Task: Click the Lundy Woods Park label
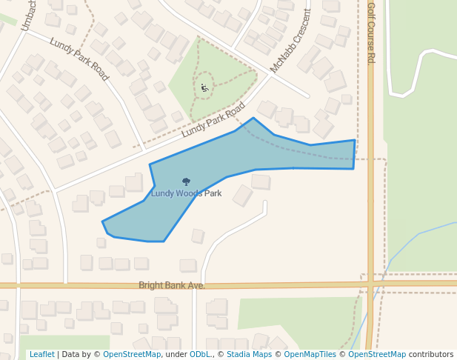(x=186, y=194)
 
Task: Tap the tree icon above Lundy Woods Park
(x=186, y=181)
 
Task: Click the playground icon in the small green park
(x=204, y=88)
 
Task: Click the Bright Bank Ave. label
(x=171, y=285)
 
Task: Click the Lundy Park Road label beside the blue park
(x=213, y=119)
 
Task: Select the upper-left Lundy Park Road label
(x=79, y=59)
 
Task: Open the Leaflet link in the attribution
(x=41, y=355)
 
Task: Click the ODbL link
(x=199, y=355)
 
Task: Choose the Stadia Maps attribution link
(x=248, y=355)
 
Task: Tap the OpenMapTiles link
(x=312, y=355)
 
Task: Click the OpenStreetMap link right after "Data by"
(x=132, y=355)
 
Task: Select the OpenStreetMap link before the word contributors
(x=377, y=355)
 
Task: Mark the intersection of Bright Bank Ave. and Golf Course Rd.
(x=371, y=284)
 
